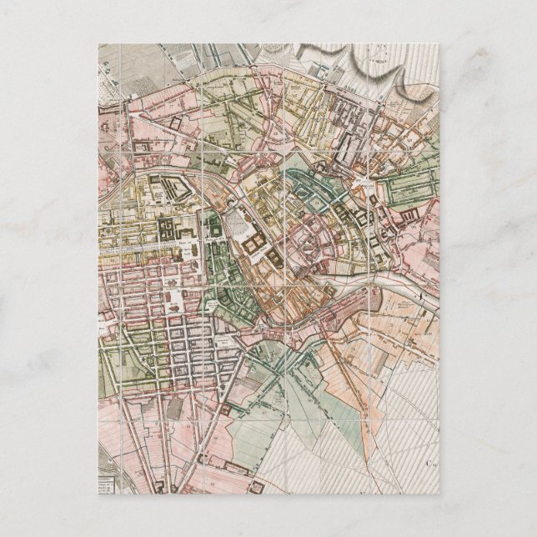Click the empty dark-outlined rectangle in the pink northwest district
[176, 122]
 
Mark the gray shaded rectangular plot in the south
[176, 408]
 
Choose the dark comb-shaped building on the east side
[409, 219]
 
